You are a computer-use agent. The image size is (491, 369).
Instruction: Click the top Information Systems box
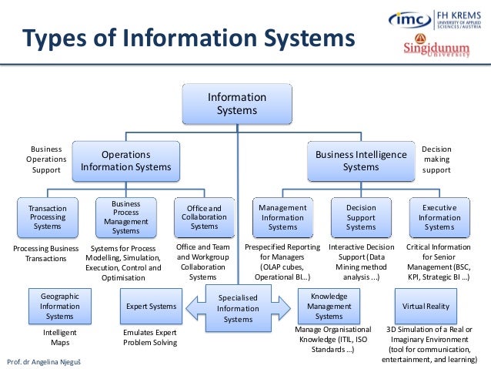[237, 104]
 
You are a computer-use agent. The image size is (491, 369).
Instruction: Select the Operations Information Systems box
[126, 160]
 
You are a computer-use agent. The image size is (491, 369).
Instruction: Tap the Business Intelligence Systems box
[361, 160]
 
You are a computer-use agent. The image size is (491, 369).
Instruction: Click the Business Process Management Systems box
[126, 217]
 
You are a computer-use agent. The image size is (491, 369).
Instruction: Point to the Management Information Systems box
[282, 217]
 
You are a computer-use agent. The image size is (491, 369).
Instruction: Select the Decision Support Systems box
[361, 217]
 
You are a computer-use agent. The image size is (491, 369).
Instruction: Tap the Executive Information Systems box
[439, 217]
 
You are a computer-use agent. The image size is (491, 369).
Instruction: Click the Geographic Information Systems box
[59, 306]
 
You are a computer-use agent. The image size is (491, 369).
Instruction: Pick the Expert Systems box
[151, 306]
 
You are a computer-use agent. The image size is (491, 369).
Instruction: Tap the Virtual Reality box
[426, 306]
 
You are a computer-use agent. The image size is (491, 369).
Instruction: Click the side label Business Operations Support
[45, 159]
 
